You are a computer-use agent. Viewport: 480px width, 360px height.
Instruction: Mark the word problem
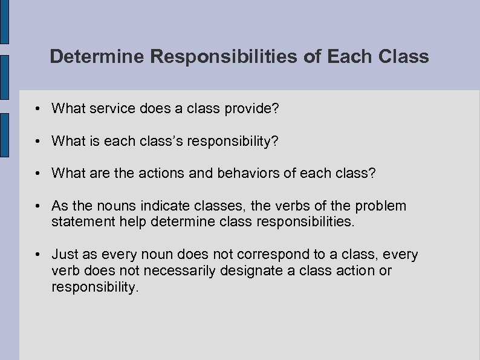click(383, 206)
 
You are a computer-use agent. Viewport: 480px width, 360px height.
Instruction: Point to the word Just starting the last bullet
click(65, 255)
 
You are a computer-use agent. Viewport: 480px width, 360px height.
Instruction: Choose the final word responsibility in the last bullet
click(95, 286)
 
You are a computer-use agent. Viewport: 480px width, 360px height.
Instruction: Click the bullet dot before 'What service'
click(37, 109)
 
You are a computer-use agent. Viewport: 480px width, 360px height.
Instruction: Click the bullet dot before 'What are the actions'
click(37, 174)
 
